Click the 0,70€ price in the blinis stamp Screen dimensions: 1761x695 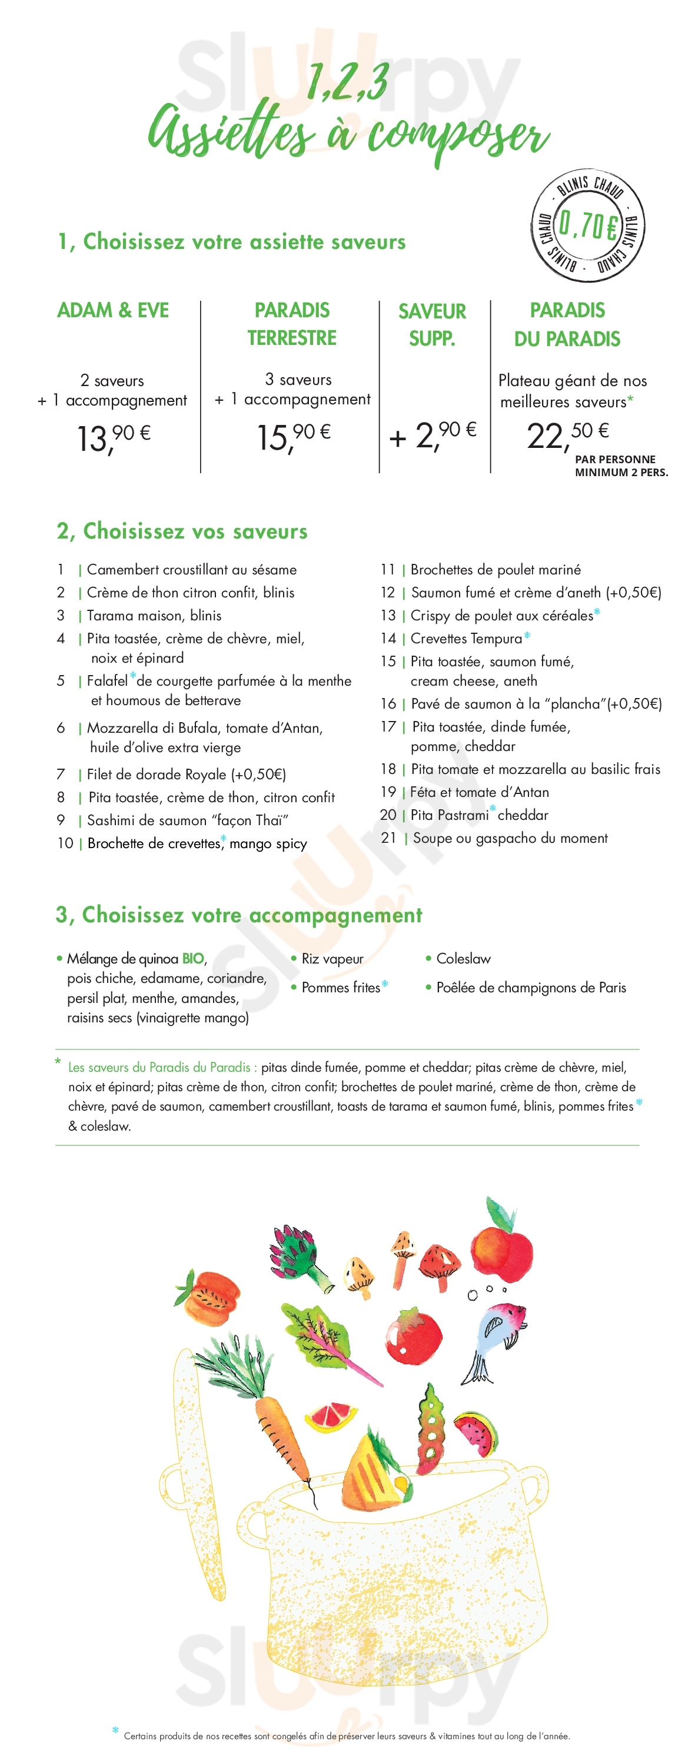pyautogui.click(x=588, y=225)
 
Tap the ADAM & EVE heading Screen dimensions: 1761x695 pyautogui.click(x=113, y=310)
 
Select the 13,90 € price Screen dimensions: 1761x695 pyautogui.click(x=114, y=437)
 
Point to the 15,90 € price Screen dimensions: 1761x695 pyautogui.click(x=293, y=436)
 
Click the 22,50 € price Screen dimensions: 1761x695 pyautogui.click(x=567, y=435)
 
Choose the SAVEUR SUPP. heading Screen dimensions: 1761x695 pyautogui.click(x=432, y=325)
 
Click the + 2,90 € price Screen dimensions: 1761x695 pyautogui.click(x=433, y=435)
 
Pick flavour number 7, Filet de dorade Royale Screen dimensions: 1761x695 pyautogui.click(x=186, y=775)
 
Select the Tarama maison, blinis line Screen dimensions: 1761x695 pyautogui.click(x=154, y=615)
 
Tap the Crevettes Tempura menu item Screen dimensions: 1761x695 pyautogui.click(x=466, y=639)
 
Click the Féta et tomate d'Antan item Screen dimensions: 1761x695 pyautogui.click(x=479, y=792)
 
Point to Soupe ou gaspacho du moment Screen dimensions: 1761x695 pyautogui.click(x=510, y=838)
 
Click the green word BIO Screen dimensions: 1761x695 pyautogui.click(x=192, y=959)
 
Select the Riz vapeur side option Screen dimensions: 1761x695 pyautogui.click(x=332, y=959)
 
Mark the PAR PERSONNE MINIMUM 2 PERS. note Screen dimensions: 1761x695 pyautogui.click(x=620, y=466)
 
